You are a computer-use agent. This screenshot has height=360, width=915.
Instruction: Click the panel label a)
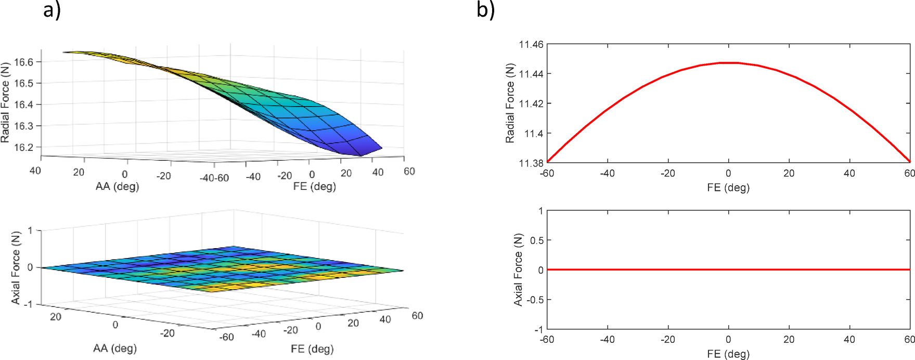tap(51, 10)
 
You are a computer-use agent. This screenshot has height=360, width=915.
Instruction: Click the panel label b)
tap(485, 10)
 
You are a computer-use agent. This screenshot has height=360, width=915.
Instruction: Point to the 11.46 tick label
tap(531, 45)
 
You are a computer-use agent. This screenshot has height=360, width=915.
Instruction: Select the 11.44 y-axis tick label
tap(531, 74)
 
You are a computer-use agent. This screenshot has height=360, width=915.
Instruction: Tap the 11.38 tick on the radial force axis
tap(531, 163)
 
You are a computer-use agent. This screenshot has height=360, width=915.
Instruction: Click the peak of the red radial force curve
tap(728, 63)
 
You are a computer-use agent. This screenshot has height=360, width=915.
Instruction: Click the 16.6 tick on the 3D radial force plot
tap(23, 62)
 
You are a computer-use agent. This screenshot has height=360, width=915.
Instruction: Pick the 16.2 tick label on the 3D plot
tap(23, 147)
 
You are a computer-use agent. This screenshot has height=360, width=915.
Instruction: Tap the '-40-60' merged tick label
tap(214, 178)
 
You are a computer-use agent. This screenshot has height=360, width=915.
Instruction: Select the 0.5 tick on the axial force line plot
tap(537, 240)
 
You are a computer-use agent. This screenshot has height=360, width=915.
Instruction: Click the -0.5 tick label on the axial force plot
tap(535, 300)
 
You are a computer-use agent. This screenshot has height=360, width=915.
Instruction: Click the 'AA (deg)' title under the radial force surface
tap(117, 186)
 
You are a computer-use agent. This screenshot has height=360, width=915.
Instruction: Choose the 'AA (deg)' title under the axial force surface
tap(114, 348)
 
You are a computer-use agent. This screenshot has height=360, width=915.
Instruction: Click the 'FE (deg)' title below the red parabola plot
tap(728, 187)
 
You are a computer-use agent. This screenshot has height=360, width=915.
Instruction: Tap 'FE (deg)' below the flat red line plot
tap(728, 354)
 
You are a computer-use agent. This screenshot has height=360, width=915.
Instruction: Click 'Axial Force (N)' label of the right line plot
tap(518, 269)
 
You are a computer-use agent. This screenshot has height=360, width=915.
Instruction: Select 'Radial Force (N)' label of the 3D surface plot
tap(5, 103)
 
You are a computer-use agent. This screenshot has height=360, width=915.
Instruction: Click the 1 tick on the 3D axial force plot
tap(30, 230)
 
